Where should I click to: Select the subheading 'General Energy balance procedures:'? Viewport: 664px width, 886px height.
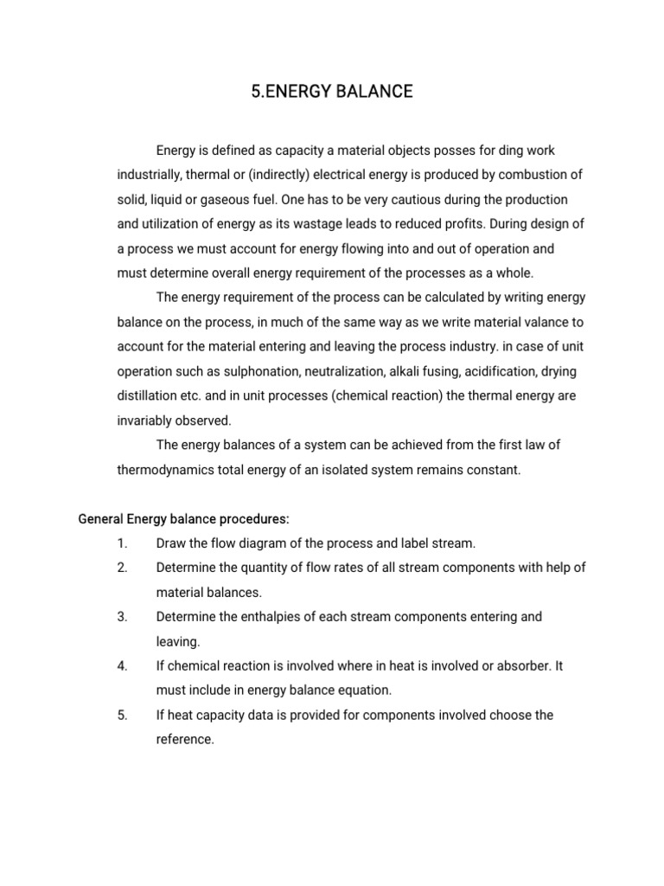pyautogui.click(x=183, y=519)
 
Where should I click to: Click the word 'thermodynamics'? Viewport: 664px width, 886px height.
pyautogui.click(x=162, y=470)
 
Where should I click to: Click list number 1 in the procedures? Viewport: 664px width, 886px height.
pyautogui.click(x=121, y=543)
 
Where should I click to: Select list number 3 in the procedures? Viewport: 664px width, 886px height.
pyautogui.click(x=121, y=617)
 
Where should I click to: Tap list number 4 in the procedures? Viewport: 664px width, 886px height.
pyautogui.click(x=121, y=666)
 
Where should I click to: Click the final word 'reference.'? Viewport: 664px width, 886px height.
pyautogui.click(x=184, y=740)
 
